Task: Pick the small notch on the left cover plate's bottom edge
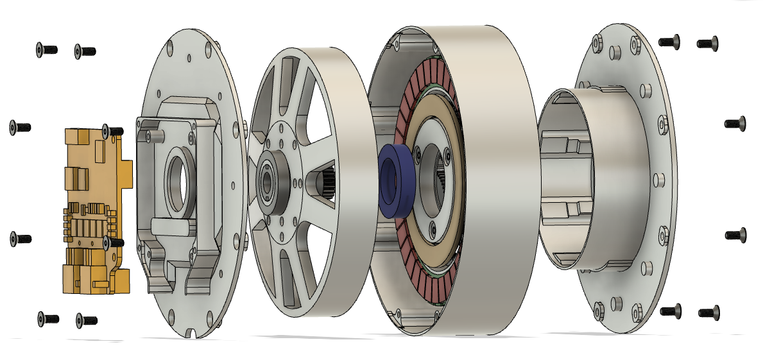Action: (x=194, y=333)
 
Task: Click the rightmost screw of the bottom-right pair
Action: (x=708, y=313)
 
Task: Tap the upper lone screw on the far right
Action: (x=735, y=123)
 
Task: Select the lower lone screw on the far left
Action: (x=20, y=239)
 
